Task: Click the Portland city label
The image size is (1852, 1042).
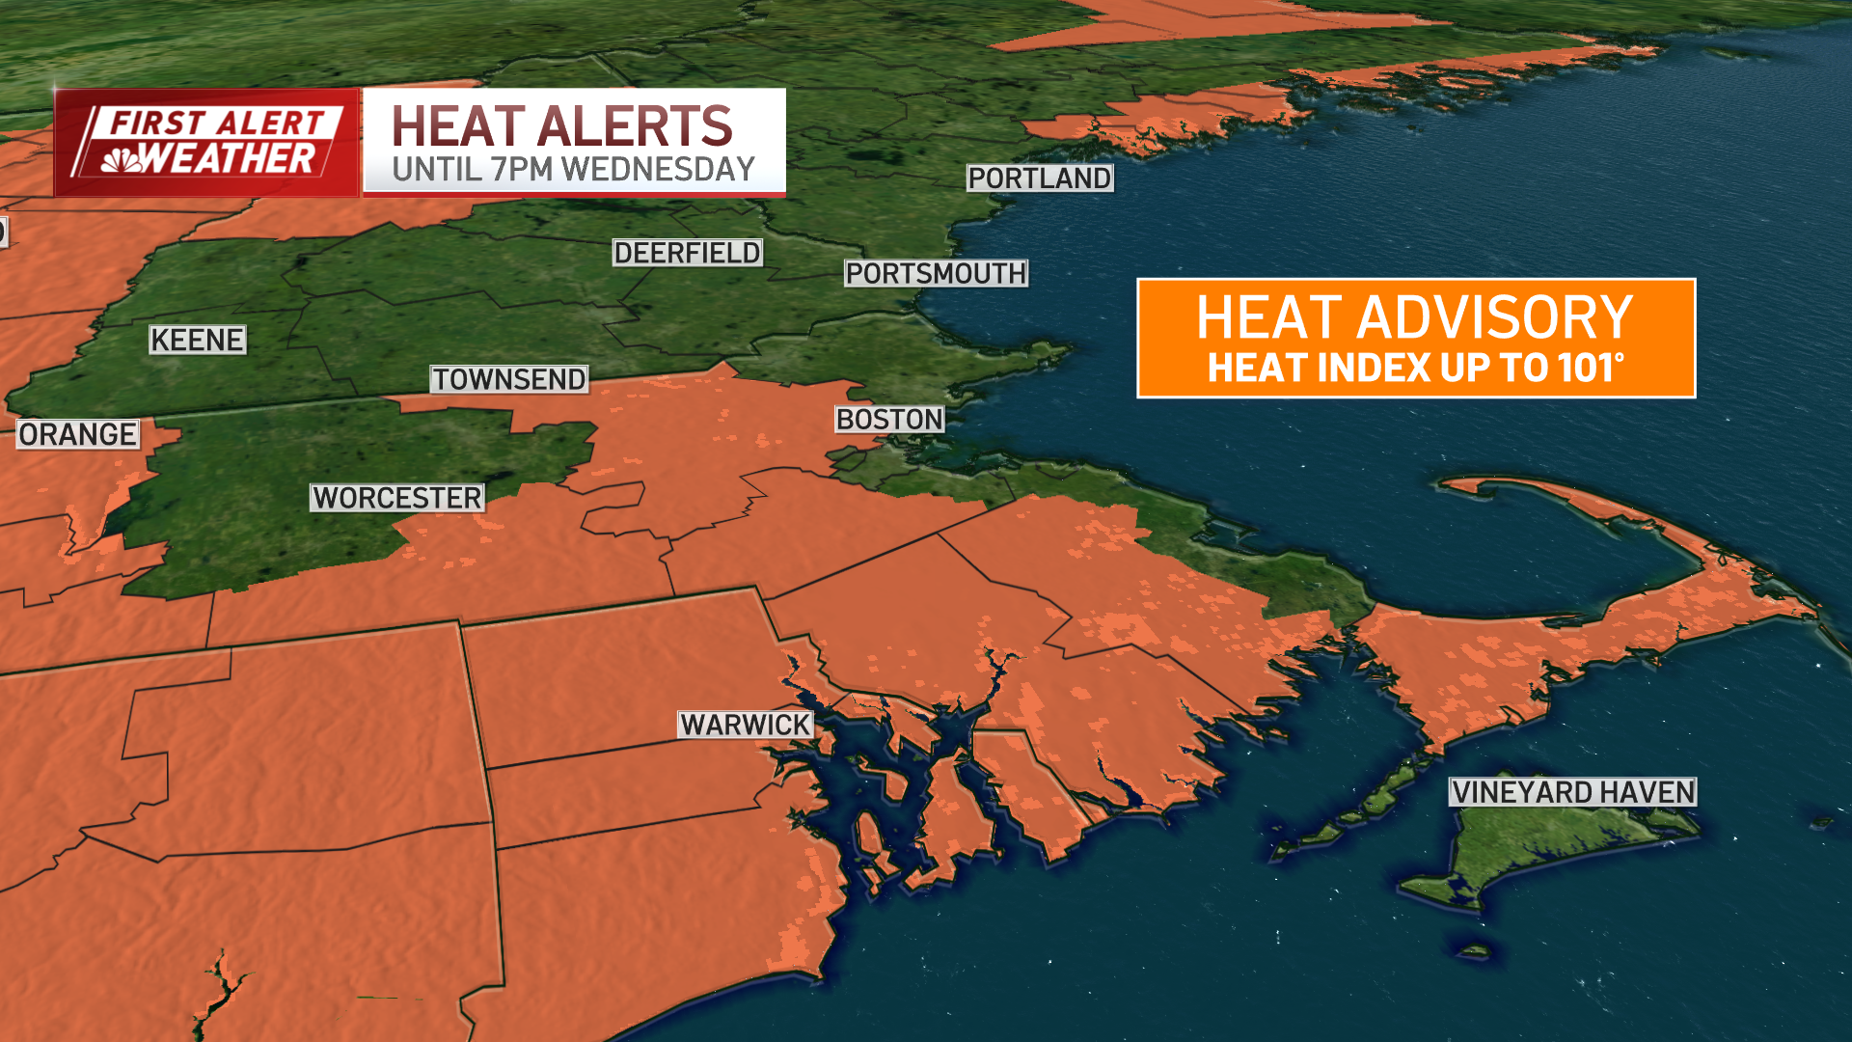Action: tap(1040, 178)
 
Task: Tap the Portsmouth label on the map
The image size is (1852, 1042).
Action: tap(936, 274)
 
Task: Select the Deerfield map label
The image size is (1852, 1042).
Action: tap(687, 253)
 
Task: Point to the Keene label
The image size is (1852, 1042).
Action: tap(198, 340)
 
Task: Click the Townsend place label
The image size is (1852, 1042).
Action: tap(508, 379)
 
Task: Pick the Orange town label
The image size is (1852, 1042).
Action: tap(77, 435)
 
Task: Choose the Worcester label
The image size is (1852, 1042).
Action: tap(396, 498)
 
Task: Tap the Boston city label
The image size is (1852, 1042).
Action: tap(889, 420)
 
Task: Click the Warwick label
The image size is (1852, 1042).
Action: tap(746, 725)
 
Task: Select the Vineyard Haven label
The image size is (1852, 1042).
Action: tap(1572, 792)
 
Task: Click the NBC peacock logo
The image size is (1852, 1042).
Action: tap(122, 160)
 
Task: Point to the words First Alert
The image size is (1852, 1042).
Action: tap(217, 123)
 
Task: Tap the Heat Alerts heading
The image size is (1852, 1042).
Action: tap(562, 126)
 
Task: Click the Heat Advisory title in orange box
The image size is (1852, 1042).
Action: tap(1414, 317)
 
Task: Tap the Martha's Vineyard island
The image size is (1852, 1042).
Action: tap(1543, 849)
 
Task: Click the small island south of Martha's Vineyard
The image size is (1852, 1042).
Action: tap(1473, 951)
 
